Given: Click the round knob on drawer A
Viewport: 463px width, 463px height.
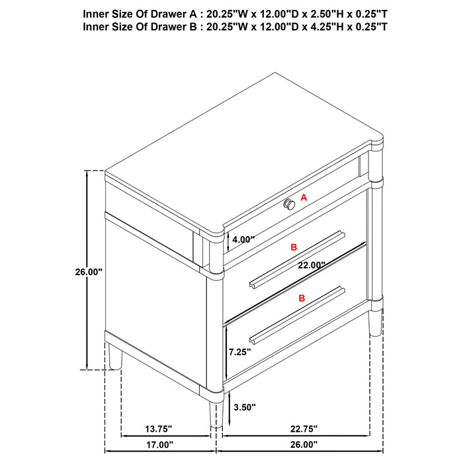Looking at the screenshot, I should point(290,204).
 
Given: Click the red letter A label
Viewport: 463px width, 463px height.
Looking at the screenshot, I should point(304,197).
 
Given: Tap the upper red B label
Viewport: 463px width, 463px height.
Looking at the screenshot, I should point(294,247).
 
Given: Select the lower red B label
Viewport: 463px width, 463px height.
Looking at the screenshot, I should point(302,298).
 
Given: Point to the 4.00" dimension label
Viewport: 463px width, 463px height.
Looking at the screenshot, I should point(243,240).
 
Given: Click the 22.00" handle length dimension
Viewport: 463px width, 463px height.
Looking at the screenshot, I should point(311,265).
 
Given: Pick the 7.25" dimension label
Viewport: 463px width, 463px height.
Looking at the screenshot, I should point(239,352).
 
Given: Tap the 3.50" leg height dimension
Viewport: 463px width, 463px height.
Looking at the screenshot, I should point(244,407).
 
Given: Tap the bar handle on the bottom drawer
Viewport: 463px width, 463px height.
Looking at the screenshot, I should point(298,314).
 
